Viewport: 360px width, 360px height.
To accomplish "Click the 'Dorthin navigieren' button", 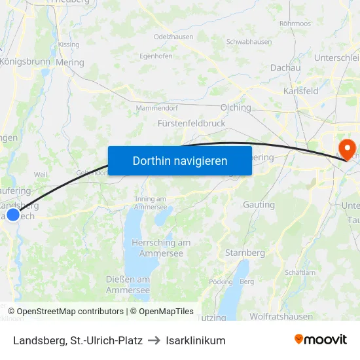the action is coord(180,160).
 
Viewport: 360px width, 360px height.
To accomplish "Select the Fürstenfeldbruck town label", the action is coord(192,123).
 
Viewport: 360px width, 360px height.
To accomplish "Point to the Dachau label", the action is coord(285,68).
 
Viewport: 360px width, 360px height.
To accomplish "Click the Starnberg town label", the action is coord(245,253).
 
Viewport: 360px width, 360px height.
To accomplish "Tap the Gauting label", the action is coord(259,205).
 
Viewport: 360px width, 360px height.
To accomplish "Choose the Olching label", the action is coord(236,108).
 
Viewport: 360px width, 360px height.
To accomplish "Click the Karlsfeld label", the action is coord(301,91).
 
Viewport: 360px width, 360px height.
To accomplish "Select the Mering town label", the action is coord(70,63).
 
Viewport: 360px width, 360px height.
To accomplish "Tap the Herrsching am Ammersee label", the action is coord(161,247).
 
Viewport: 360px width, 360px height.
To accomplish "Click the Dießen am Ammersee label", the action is coord(128,284).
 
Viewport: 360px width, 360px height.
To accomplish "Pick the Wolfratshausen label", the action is coord(281,317).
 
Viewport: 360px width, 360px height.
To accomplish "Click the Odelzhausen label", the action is coord(173,37).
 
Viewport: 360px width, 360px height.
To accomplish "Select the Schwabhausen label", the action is coord(249,42).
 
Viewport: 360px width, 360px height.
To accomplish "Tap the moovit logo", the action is coord(321,340).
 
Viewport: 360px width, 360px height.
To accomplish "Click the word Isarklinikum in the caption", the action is coord(196,340).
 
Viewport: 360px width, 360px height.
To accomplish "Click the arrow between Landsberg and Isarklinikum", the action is coord(154,340).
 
